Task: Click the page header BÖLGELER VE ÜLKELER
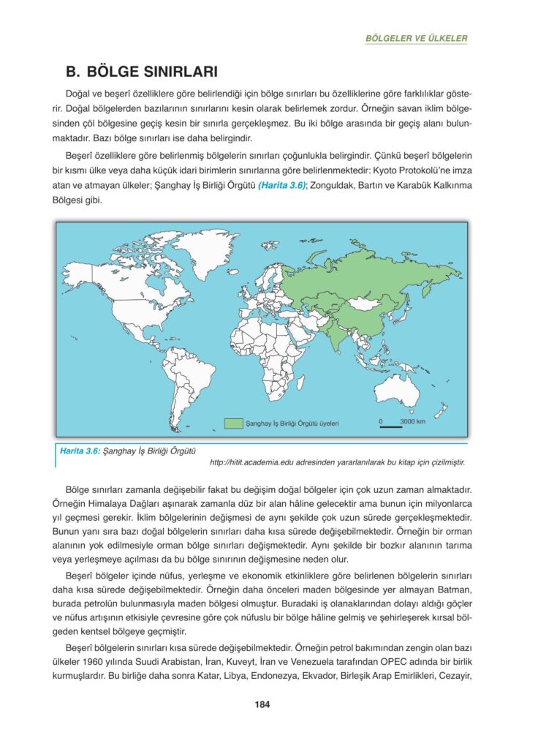416,38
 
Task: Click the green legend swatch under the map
233,423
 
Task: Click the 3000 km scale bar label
412,421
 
